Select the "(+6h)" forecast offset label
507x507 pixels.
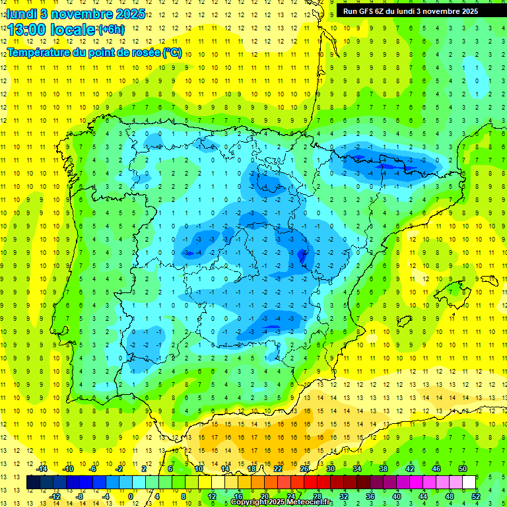pyautogui.click(x=110, y=30)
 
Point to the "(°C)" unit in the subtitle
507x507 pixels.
pyautogui.click(x=172, y=53)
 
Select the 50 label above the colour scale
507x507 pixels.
pyautogui.click(x=463, y=469)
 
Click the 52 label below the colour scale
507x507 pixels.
pyautogui.click(x=476, y=496)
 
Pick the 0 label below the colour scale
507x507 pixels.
pyautogui.click(x=131, y=496)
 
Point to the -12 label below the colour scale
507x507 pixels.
pyautogui.click(x=55, y=496)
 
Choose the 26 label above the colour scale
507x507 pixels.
pyautogui.click(x=304, y=469)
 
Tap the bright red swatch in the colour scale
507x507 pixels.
pyautogui.click(x=311, y=483)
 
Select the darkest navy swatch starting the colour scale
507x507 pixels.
pyautogui.click(x=33, y=483)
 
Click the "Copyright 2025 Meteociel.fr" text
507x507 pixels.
pyautogui.click(x=282, y=502)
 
